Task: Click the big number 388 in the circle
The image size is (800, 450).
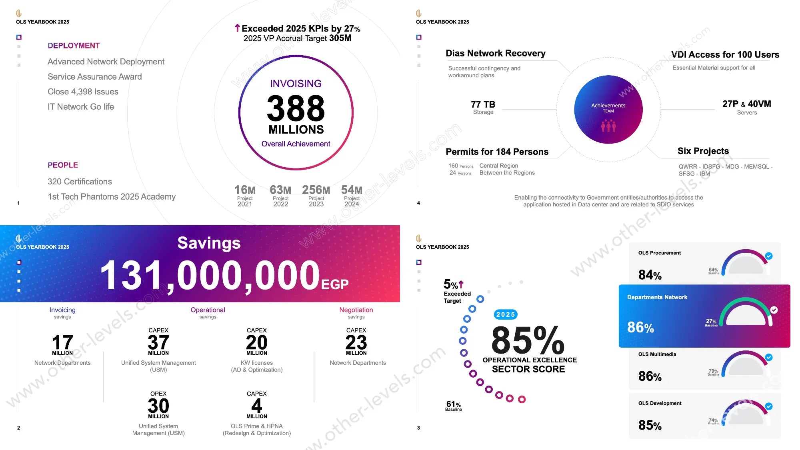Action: [x=296, y=108]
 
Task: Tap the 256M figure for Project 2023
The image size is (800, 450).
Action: [x=316, y=190]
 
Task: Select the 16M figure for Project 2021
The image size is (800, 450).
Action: [x=245, y=190]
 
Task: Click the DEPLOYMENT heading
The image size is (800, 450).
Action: [x=74, y=46]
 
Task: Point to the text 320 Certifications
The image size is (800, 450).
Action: [x=80, y=182]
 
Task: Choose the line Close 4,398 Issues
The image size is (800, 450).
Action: [x=83, y=92]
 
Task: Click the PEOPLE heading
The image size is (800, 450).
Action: [x=63, y=165]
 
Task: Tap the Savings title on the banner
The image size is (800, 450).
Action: [x=209, y=243]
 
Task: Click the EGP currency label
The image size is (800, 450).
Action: [x=335, y=284]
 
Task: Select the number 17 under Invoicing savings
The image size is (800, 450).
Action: [x=62, y=342]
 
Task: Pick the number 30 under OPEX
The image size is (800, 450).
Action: [x=158, y=406]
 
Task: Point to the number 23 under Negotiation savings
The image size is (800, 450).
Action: [x=356, y=342]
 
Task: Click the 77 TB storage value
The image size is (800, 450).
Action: [x=483, y=104]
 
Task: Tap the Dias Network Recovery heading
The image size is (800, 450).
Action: [x=496, y=53]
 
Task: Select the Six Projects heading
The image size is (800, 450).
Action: [x=703, y=151]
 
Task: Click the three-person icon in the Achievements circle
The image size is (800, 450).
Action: [x=608, y=126]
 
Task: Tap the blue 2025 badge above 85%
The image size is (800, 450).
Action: [x=506, y=314]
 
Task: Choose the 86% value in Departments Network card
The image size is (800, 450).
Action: [x=640, y=328]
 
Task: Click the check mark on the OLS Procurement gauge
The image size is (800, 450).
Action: [x=768, y=256]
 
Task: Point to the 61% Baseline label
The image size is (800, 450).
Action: [x=453, y=406]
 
